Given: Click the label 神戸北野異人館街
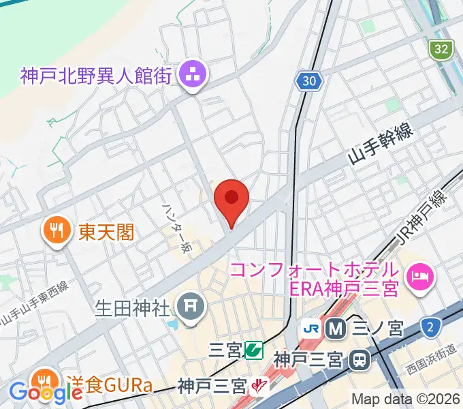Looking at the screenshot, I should click(95, 76).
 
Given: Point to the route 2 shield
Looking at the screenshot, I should click(430, 328).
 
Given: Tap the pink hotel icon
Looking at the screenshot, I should click(417, 276).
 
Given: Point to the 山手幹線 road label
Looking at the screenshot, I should click(382, 149).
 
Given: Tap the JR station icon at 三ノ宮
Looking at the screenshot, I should click(312, 329).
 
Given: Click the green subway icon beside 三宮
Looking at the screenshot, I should click(255, 350).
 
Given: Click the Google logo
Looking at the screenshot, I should click(46, 393).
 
